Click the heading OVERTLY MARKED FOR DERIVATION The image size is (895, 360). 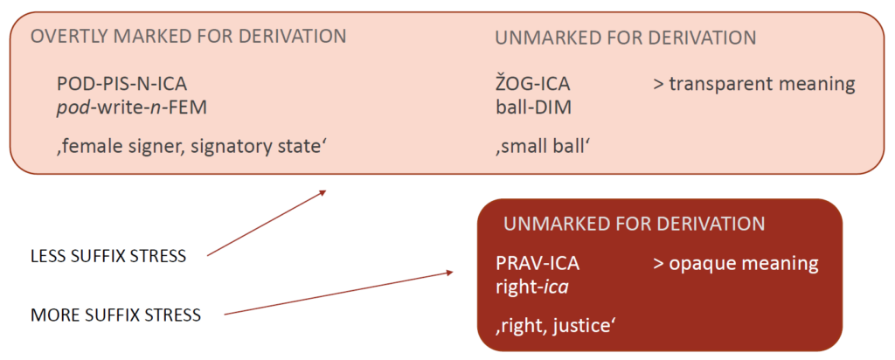click(188, 37)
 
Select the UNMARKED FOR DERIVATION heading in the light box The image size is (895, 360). click(625, 38)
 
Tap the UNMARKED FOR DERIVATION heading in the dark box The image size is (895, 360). click(634, 223)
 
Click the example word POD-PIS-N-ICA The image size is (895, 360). click(121, 85)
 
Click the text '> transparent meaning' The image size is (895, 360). click(753, 85)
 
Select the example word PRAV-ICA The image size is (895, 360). click(537, 263)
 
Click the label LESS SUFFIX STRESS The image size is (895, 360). click(108, 256)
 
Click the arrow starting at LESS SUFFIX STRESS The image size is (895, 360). click(267, 223)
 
